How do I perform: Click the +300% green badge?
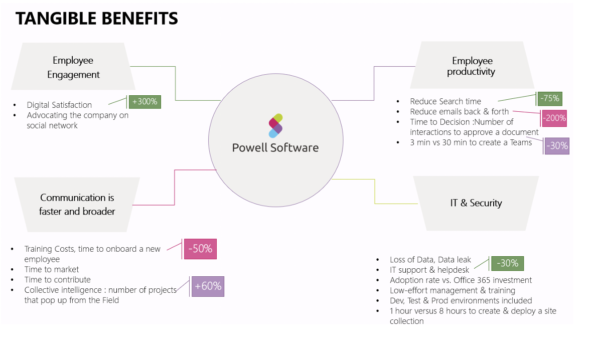(x=144, y=102)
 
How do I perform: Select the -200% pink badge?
(x=554, y=118)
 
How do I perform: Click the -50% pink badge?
(x=200, y=249)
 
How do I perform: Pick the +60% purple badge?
(x=207, y=286)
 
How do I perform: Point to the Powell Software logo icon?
(x=275, y=125)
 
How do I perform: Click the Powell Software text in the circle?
(x=275, y=147)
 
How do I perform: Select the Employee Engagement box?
(x=73, y=67)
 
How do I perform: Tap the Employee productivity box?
(x=472, y=66)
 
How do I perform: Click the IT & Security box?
(x=476, y=203)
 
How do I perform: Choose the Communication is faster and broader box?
(x=77, y=204)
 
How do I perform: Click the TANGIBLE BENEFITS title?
(x=97, y=19)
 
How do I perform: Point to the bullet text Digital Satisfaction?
(x=59, y=105)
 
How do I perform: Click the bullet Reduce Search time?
(x=445, y=101)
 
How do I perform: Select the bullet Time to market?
(x=52, y=269)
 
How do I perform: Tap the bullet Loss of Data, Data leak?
(x=430, y=259)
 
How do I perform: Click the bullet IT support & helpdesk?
(x=429, y=270)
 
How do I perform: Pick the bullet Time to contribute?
(x=57, y=279)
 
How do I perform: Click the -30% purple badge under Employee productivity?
(x=556, y=146)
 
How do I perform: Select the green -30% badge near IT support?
(x=507, y=263)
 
